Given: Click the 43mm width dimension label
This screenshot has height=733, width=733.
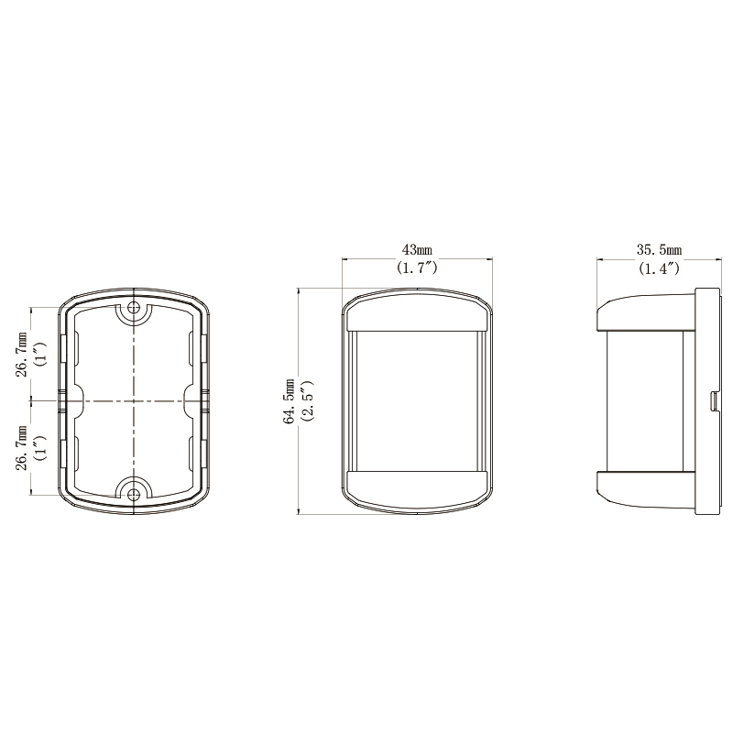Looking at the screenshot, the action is pyautogui.click(x=417, y=249).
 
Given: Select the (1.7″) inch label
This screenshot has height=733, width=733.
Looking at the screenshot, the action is pyautogui.click(x=417, y=268).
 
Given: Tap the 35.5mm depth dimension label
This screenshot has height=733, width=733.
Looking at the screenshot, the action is pyautogui.click(x=659, y=249).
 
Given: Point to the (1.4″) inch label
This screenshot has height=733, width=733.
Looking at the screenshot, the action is pyautogui.click(x=659, y=268).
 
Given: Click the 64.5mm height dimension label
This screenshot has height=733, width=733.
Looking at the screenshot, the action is pyautogui.click(x=290, y=401).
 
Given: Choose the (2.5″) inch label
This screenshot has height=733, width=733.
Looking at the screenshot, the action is pyautogui.click(x=308, y=401).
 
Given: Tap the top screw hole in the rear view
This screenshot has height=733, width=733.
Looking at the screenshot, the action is pyautogui.click(x=134, y=308).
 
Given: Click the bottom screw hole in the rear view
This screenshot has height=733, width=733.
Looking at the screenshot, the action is pyautogui.click(x=134, y=494).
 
